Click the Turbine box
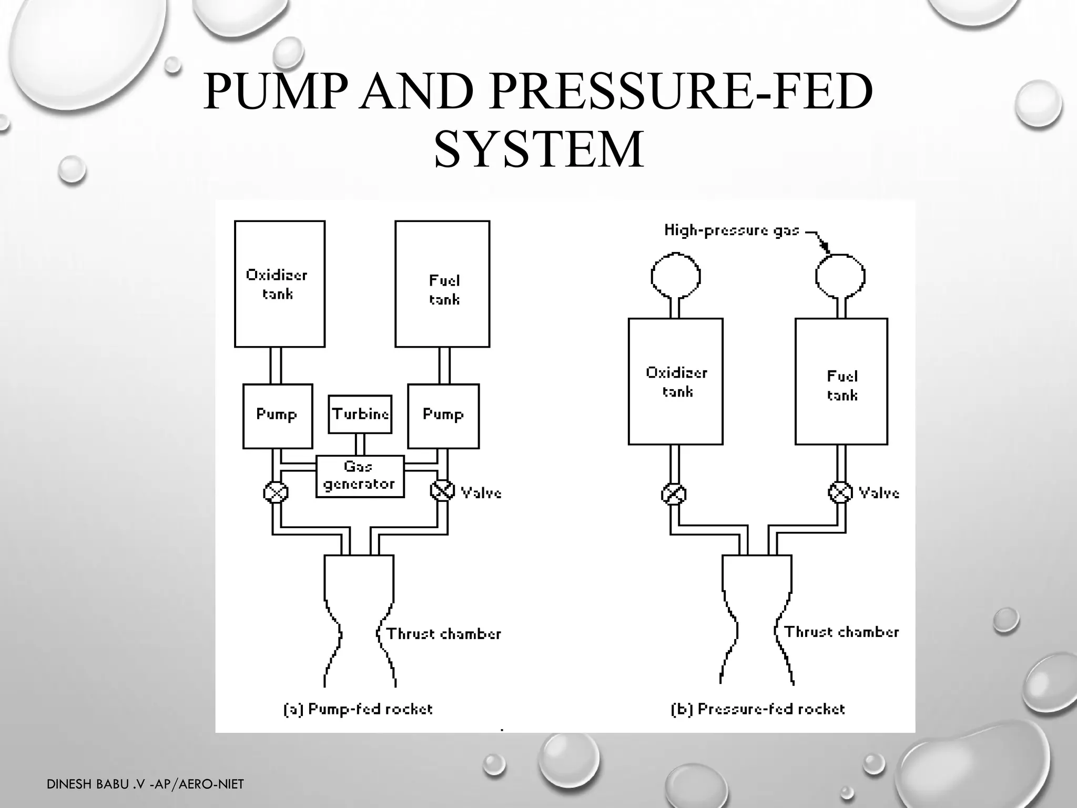360,415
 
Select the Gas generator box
360,476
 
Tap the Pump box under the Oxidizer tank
277,416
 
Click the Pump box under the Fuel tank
443,416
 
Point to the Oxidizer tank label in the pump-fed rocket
277,284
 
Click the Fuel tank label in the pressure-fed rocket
842,386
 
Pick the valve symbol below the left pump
276,492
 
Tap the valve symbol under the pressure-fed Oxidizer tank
674,494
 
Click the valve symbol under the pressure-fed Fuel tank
840,492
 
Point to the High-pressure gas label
731,230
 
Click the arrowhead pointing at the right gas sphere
825,248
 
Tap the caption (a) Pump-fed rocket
358,709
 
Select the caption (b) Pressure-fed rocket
758,709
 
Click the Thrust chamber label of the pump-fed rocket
444,633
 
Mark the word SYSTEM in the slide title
538,150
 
